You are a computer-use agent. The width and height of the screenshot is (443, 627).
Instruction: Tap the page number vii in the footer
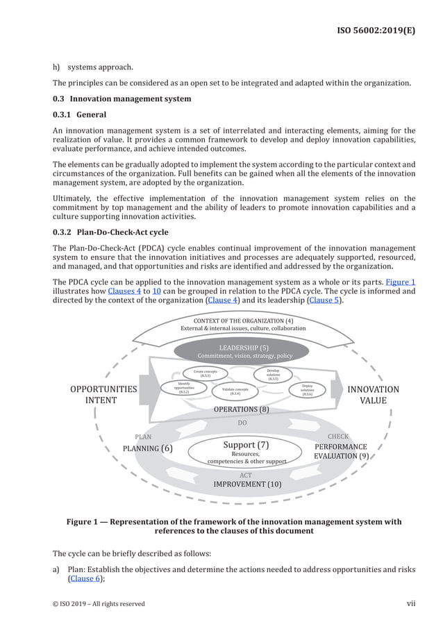(x=411, y=603)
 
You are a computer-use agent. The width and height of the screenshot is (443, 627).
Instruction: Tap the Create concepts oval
(x=206, y=373)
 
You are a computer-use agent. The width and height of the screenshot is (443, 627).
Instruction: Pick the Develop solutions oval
(x=274, y=375)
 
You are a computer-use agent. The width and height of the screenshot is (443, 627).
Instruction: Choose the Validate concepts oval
(x=235, y=391)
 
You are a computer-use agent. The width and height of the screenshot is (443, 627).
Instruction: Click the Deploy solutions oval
(x=307, y=390)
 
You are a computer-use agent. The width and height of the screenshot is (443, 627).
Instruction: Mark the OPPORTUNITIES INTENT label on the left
(x=103, y=395)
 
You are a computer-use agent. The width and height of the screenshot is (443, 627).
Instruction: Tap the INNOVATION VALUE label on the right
(x=373, y=395)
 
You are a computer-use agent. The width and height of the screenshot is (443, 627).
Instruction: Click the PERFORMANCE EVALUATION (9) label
(x=341, y=451)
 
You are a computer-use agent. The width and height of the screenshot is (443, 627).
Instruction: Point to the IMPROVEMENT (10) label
(x=247, y=484)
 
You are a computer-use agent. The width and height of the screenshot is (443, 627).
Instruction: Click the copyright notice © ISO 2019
(x=99, y=603)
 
